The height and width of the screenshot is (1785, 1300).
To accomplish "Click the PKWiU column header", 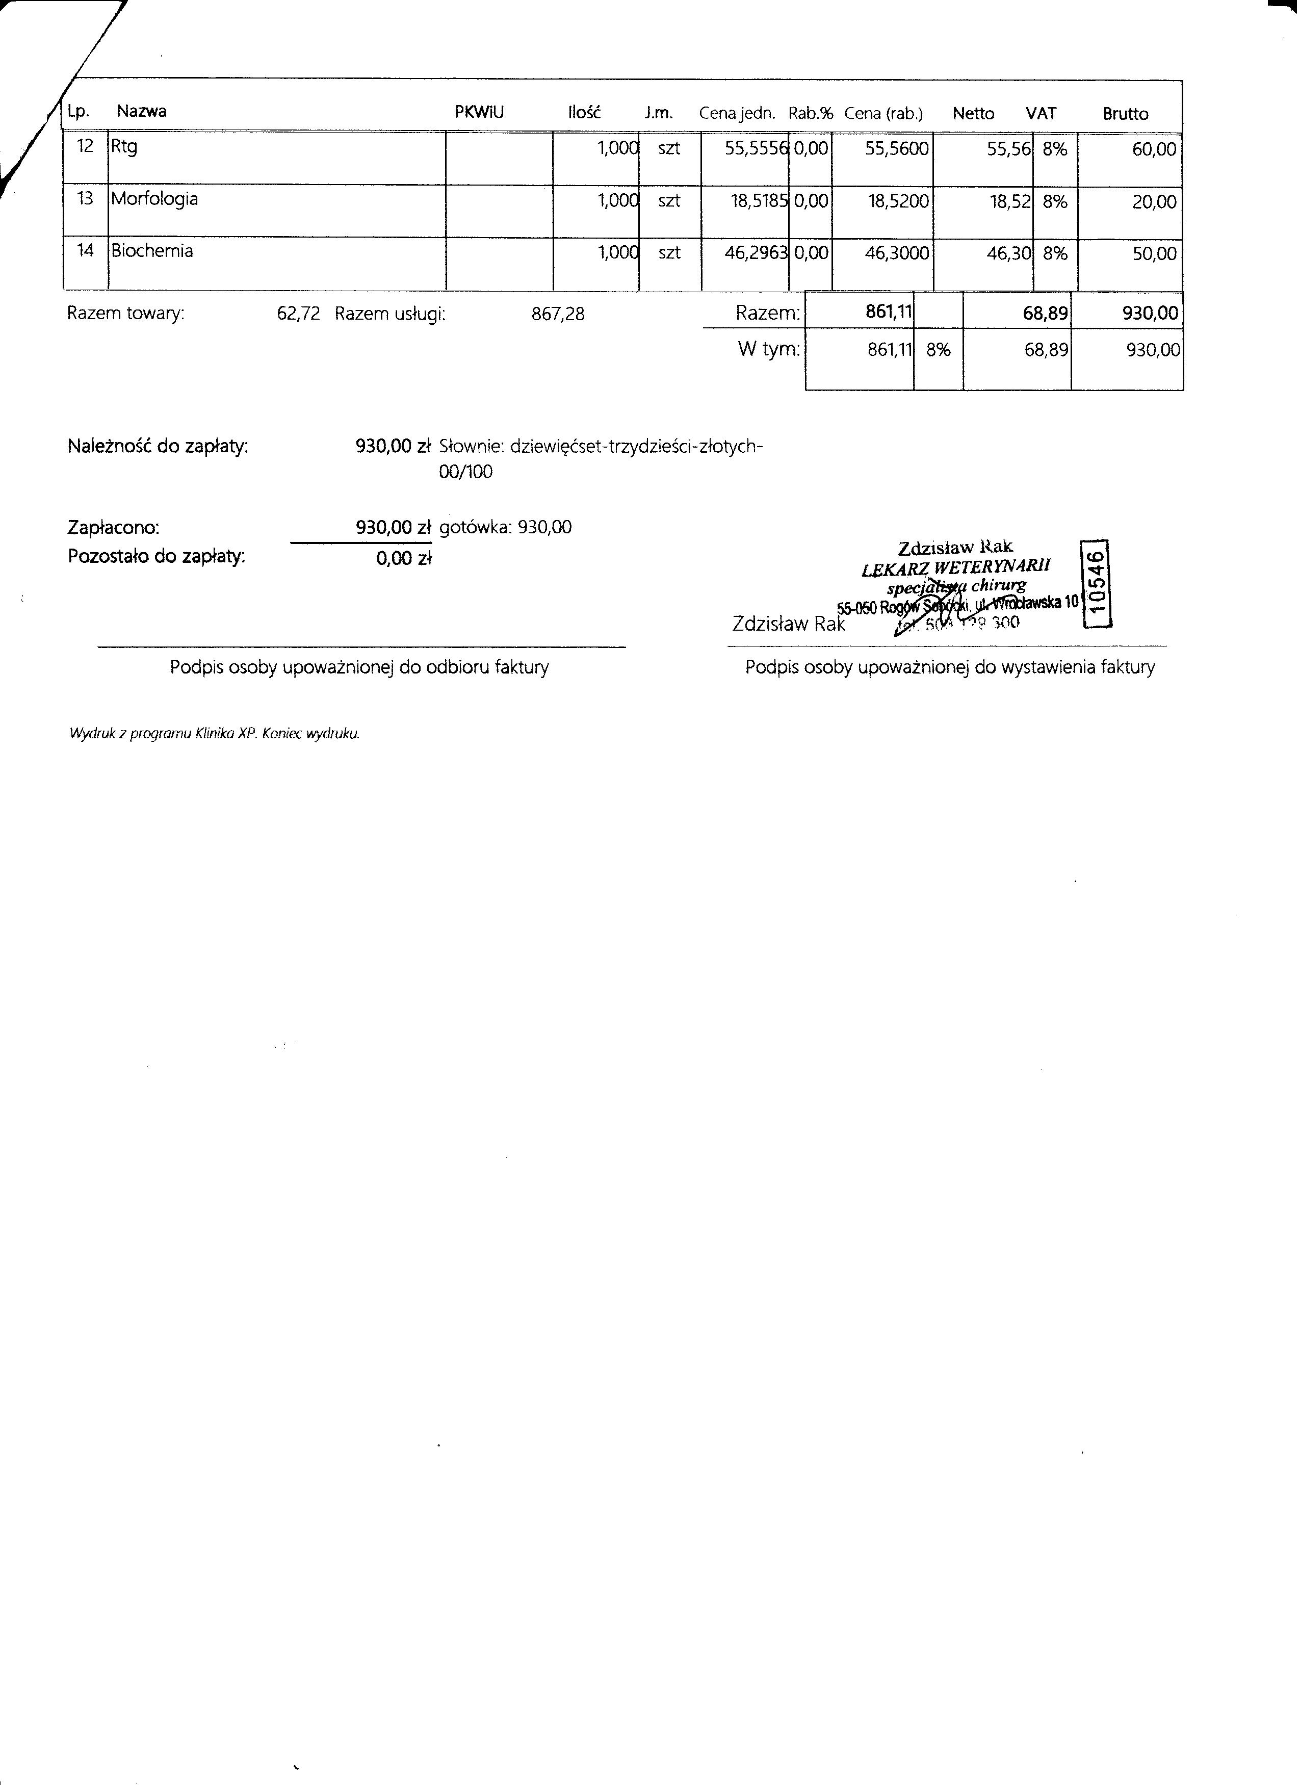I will click(479, 113).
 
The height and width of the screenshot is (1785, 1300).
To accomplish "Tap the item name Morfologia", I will click(154, 199).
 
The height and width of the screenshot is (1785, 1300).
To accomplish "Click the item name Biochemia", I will click(152, 251).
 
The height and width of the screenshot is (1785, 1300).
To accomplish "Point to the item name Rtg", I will click(124, 147).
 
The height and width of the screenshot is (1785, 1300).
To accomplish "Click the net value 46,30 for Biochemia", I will click(1009, 253).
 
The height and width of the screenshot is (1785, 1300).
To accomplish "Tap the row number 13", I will click(85, 199).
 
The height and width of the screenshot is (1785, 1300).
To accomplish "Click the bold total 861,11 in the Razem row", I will click(889, 313).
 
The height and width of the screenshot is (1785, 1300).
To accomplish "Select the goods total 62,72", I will click(299, 314).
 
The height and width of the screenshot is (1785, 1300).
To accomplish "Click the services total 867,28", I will click(559, 314).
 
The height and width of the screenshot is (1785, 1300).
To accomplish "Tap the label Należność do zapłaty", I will click(158, 447).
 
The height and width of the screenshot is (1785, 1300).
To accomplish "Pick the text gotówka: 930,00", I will click(506, 528).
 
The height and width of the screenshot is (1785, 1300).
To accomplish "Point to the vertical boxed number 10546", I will click(1099, 584).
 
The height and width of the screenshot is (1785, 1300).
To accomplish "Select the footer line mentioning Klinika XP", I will click(215, 734).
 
